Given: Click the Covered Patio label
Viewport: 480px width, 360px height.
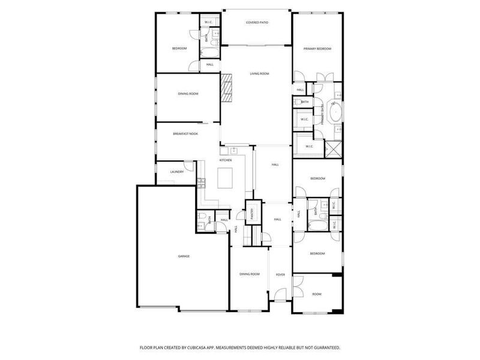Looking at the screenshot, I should point(257,23).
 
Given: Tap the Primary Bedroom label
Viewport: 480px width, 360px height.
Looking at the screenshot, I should point(317,49).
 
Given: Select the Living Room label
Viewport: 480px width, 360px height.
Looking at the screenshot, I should point(259,74).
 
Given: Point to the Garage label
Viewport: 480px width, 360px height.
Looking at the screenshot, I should point(184,256).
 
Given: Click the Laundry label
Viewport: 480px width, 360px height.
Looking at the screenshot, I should point(176,172).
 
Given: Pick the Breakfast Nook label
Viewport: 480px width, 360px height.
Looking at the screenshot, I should point(185,134).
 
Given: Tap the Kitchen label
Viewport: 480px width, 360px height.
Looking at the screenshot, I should point(226,160).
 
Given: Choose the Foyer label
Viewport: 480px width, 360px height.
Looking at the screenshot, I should point(280,274).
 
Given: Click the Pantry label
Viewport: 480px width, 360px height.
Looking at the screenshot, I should point(253,213).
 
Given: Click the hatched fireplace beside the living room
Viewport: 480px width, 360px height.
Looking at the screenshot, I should point(227,88).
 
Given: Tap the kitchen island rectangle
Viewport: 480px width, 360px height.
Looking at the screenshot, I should point(224,178).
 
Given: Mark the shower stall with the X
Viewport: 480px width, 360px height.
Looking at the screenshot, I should point(332,148).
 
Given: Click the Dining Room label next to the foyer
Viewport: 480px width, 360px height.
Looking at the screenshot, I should point(250,274).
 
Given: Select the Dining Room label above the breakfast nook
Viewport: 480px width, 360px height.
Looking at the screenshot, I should point(188,94).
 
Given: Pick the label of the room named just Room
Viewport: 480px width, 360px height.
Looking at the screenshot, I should point(317,294).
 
